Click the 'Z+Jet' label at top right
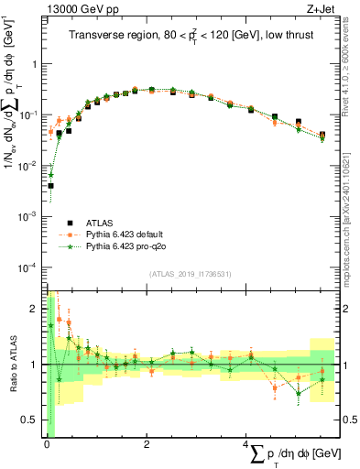coord(321,9)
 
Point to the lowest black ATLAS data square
coord(50,185)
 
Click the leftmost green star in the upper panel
coord(50,174)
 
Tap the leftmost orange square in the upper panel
coord(50,132)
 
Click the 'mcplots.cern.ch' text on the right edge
coord(352,229)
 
